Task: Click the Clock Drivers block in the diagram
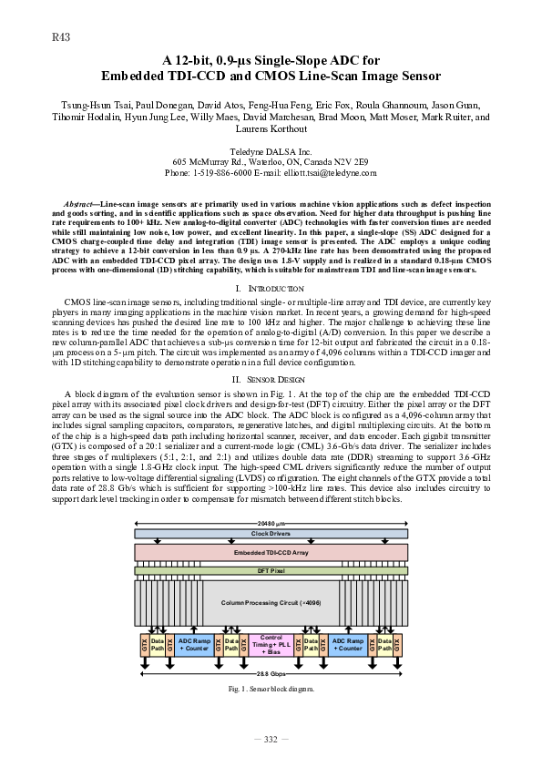pyautogui.click(x=271, y=533)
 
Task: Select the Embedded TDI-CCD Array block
pyautogui.click(x=271, y=553)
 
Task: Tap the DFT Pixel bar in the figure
pyautogui.click(x=271, y=570)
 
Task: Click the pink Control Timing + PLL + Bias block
pyautogui.click(x=271, y=645)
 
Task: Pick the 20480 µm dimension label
pyautogui.click(x=271, y=523)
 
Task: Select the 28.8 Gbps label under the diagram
pyautogui.click(x=271, y=673)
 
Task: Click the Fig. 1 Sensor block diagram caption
pyautogui.click(x=271, y=690)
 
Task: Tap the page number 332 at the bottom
pyautogui.click(x=271, y=739)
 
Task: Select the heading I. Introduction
pyautogui.click(x=271, y=289)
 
